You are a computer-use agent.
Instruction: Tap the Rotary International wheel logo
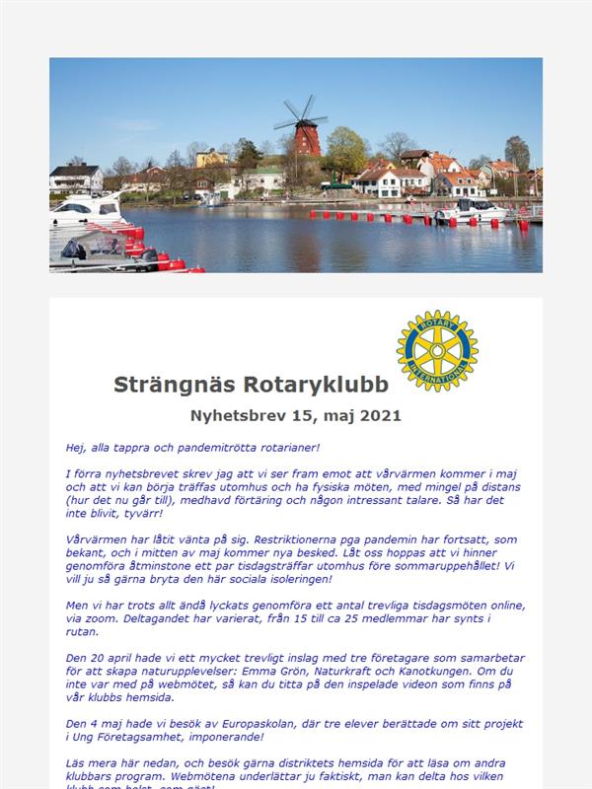pos(437,350)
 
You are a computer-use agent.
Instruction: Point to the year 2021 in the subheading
pos(381,416)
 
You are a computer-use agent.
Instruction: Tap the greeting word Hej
pos(76,447)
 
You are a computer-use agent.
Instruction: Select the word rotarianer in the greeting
pos(287,447)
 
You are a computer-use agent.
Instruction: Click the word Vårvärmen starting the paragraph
pos(97,540)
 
